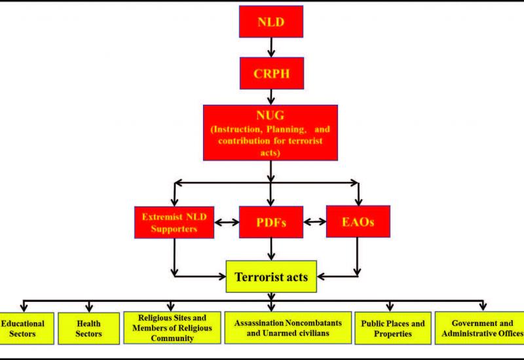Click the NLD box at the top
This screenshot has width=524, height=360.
(x=271, y=22)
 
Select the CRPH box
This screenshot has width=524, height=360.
(x=272, y=73)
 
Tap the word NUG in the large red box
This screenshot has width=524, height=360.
(x=270, y=115)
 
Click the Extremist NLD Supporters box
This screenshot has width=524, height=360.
(x=174, y=223)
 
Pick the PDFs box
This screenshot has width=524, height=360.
(x=271, y=222)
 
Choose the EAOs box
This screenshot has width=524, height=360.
(x=358, y=221)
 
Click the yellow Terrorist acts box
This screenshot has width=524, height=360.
(x=271, y=276)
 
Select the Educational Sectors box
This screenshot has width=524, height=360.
(x=26, y=329)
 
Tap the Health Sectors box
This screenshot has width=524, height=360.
(x=88, y=329)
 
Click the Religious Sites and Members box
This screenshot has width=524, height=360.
(x=172, y=328)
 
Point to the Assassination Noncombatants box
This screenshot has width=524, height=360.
(x=288, y=328)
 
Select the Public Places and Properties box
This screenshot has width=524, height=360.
(x=392, y=328)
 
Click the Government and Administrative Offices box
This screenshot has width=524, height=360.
(x=480, y=328)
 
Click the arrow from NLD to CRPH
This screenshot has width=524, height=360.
(x=271, y=47)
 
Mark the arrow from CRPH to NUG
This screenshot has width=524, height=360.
(x=271, y=97)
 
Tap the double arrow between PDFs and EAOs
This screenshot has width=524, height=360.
(x=315, y=221)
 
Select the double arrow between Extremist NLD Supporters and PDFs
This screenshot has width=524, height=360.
(x=227, y=222)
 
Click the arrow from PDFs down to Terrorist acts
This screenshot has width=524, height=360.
(x=271, y=249)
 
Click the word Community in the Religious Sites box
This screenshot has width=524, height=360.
(x=172, y=338)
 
